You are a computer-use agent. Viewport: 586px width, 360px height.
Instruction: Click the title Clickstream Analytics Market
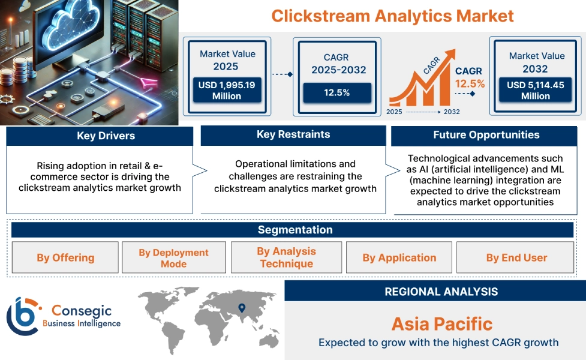tap(392, 15)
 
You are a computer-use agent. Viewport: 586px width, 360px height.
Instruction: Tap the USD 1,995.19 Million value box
tap(226, 91)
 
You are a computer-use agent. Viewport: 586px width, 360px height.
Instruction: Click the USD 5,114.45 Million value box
tap(535, 91)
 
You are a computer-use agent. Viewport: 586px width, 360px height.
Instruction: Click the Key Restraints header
tap(293, 134)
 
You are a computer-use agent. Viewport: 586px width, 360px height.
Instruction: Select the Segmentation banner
tap(294, 230)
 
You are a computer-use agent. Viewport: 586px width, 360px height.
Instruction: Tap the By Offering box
tap(65, 257)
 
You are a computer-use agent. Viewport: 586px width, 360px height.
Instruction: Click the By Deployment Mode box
tap(173, 258)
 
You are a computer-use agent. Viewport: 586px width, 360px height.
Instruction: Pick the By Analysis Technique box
tap(286, 257)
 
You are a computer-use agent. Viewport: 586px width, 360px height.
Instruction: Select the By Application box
tap(399, 257)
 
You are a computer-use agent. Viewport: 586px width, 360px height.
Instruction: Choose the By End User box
tap(516, 257)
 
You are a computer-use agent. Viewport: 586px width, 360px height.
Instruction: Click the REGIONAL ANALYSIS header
tap(441, 292)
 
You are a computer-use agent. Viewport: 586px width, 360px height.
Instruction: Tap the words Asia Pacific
tap(441, 325)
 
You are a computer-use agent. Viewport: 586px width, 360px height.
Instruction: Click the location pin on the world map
tap(242, 308)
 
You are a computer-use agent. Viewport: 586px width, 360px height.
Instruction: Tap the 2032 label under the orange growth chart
tap(452, 112)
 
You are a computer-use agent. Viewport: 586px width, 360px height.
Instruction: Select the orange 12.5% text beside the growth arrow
tap(470, 83)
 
